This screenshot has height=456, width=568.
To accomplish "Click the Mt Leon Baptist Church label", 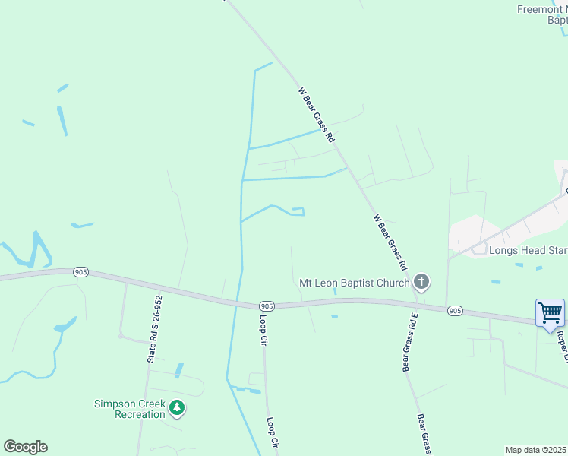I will (355, 283).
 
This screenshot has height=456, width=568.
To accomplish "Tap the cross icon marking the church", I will (422, 283).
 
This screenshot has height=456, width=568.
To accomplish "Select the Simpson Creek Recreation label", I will (129, 409).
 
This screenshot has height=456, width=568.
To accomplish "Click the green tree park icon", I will (177, 408).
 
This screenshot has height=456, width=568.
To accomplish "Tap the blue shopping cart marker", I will (550, 312).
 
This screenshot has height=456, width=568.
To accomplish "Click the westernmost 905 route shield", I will (80, 271).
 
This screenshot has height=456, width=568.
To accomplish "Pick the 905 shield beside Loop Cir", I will (265, 304).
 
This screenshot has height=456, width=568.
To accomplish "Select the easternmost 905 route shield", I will (455, 310).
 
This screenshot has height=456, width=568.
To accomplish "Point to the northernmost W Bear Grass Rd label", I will (316, 116).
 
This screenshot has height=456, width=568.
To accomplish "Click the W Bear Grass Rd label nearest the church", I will (391, 242).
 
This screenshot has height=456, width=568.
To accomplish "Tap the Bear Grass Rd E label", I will (409, 341).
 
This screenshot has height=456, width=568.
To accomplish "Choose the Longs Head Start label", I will (528, 250).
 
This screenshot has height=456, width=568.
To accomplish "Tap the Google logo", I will (25, 447).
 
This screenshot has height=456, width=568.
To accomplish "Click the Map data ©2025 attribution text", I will (535, 450).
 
